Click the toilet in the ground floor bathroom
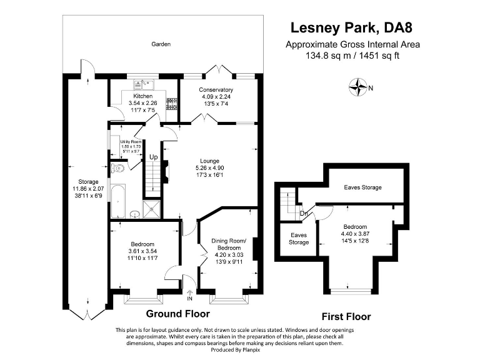[x=119, y=167]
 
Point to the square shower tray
[x=152, y=210]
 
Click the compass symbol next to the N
[x=358, y=87]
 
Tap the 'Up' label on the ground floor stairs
[x=152, y=156]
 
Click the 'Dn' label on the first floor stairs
[x=303, y=212]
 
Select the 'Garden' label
[x=161, y=44]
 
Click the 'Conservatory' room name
[x=216, y=90]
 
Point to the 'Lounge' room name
[x=209, y=160]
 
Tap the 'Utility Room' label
[x=131, y=142]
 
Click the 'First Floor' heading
[x=346, y=316]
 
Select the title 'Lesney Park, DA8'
[x=352, y=27]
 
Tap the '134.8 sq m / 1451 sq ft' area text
[x=352, y=55]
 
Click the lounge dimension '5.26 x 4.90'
[x=209, y=167]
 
